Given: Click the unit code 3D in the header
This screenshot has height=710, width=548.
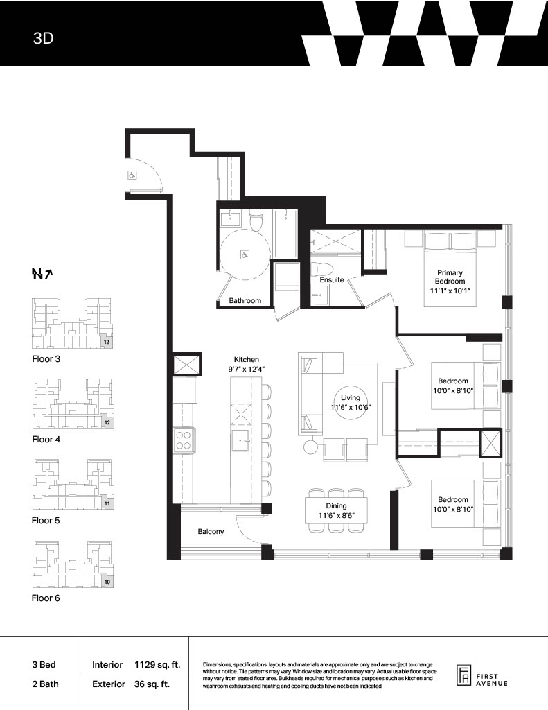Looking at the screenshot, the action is (x=43, y=38).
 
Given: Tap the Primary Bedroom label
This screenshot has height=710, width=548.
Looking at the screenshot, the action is (x=450, y=277).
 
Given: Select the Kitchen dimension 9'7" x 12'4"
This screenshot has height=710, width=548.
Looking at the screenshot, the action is (x=247, y=369).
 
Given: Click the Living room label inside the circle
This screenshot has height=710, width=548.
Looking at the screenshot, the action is (x=351, y=397).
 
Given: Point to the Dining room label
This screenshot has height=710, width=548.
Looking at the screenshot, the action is (x=336, y=505).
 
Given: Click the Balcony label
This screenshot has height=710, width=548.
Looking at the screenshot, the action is (x=211, y=531).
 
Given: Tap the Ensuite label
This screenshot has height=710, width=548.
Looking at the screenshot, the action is (x=332, y=280).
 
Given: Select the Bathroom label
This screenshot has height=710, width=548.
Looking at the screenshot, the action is (x=245, y=300).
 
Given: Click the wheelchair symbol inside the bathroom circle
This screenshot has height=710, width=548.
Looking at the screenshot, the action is (x=245, y=255).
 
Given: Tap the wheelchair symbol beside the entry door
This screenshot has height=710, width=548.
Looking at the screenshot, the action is (x=132, y=175).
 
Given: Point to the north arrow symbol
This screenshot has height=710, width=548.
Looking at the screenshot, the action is (x=42, y=274).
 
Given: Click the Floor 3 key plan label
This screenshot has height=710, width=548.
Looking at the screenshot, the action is (x=46, y=359).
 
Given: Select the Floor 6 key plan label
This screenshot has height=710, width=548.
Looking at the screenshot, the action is (x=46, y=598).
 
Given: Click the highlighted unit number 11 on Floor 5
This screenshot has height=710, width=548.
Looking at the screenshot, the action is (x=107, y=503).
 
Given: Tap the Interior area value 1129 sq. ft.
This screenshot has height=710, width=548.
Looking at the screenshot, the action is (x=157, y=665).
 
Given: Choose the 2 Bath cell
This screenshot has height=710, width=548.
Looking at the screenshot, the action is (x=45, y=684).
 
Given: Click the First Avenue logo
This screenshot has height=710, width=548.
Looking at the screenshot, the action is (x=481, y=677).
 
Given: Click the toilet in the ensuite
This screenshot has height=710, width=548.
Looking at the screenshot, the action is (x=322, y=269).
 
